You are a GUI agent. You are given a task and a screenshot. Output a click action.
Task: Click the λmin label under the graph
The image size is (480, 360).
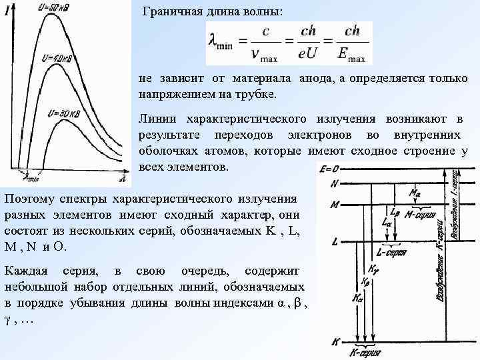coord(30,178)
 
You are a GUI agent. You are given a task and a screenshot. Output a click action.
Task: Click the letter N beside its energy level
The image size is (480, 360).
coord(335,183)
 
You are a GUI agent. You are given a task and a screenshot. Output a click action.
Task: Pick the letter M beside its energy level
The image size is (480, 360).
coord(335,204)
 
